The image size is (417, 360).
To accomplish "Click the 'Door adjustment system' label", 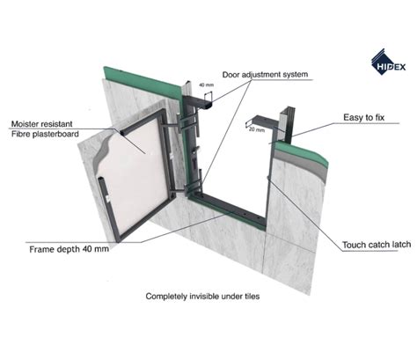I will [x=265, y=75].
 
